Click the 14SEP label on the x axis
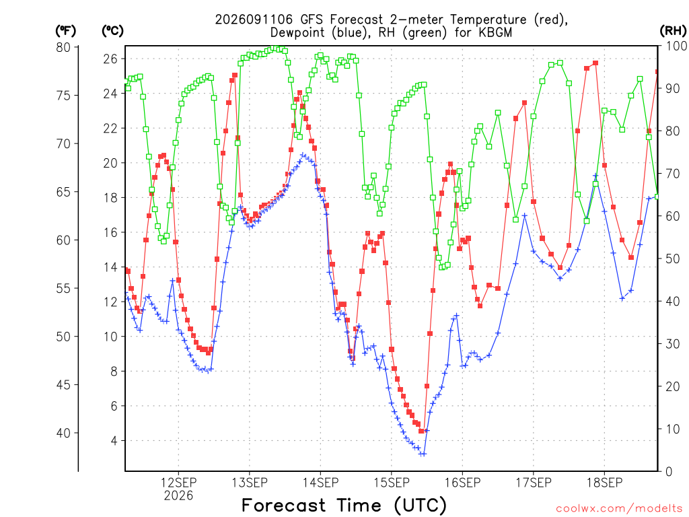(x=320, y=483)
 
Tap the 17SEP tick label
(x=533, y=483)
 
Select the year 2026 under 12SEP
(x=178, y=496)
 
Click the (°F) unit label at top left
(x=65, y=31)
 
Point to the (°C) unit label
(x=112, y=31)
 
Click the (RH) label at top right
(x=673, y=31)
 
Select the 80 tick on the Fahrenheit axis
(x=63, y=47)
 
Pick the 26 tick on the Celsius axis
(x=110, y=59)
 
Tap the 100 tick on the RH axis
(x=676, y=46)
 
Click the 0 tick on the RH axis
(x=669, y=471)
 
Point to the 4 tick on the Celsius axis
(x=114, y=440)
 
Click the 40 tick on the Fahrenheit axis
(x=63, y=433)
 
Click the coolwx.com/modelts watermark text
(x=619, y=508)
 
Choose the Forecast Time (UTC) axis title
(x=344, y=506)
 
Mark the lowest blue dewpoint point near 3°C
(x=423, y=454)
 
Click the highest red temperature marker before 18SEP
(x=595, y=63)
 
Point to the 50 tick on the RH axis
(x=672, y=258)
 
